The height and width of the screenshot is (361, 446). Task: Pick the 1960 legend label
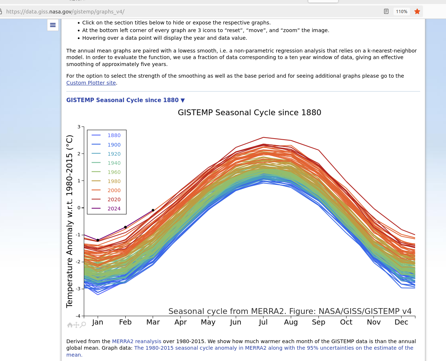(114, 172)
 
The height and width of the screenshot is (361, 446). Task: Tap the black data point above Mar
(153, 210)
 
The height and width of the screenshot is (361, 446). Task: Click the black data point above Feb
(125, 227)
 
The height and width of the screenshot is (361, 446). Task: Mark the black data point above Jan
(98, 240)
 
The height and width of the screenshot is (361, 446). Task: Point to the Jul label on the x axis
(263, 322)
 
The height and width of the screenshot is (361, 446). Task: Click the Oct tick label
(346, 322)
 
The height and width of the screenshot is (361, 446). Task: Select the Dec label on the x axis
(401, 322)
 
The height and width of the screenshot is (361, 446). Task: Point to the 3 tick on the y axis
(79, 127)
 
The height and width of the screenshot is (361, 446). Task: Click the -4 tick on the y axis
(78, 316)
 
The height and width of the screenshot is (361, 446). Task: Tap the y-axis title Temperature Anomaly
(70, 221)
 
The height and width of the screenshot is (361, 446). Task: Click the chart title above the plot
(249, 113)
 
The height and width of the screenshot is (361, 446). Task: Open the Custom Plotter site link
(91, 83)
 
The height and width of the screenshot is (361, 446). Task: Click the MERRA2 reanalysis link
(137, 341)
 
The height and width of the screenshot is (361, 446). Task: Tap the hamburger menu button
(53, 25)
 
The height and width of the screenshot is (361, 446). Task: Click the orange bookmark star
(417, 12)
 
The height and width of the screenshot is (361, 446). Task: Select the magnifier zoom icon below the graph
(83, 325)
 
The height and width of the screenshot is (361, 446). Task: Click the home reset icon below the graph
(70, 325)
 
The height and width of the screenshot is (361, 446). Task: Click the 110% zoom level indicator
(402, 12)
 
